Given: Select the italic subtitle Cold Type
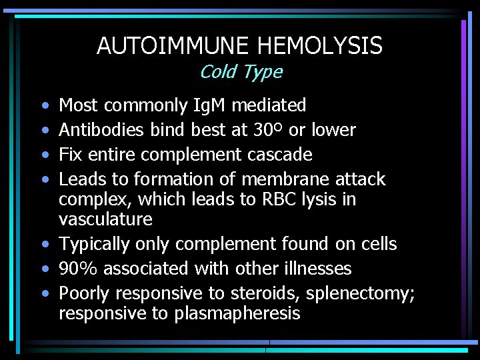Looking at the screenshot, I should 241,71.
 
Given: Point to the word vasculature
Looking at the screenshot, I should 105,219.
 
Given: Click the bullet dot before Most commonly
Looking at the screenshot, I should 44,106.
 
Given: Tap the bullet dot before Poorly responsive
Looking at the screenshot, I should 44,294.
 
